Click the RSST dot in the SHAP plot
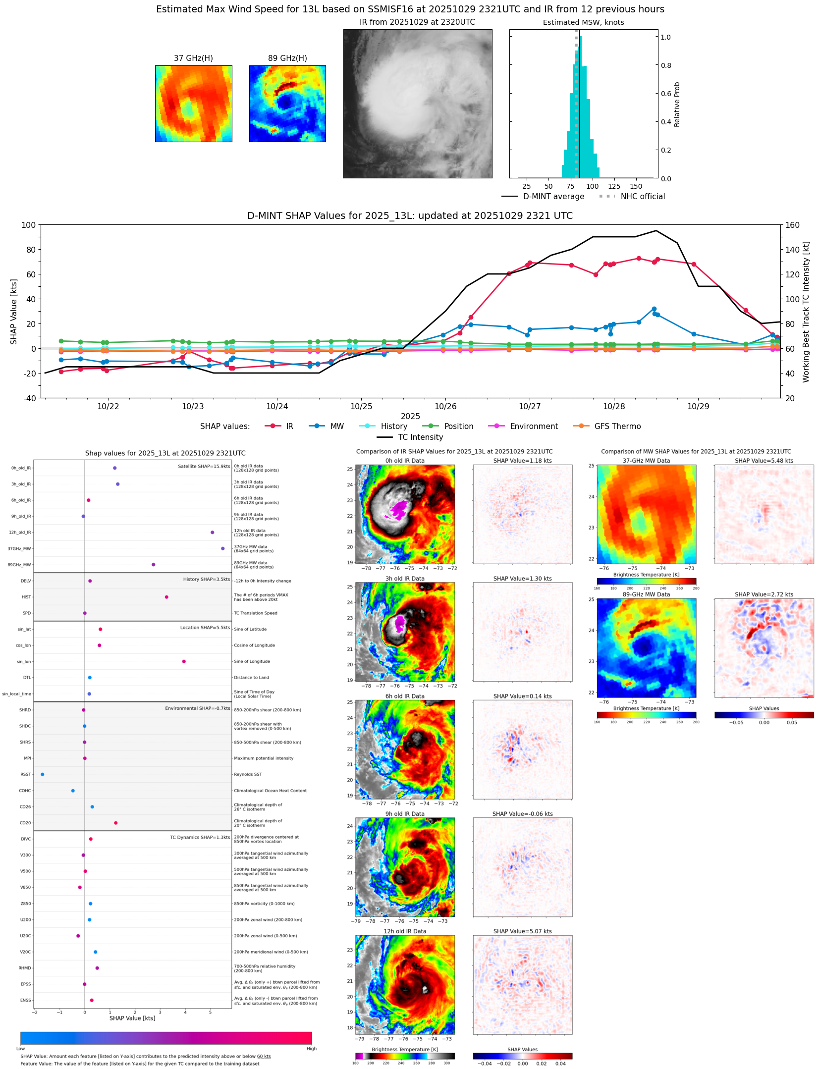[42, 774]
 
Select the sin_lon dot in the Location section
[184, 661]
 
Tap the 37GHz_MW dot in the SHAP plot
[222, 548]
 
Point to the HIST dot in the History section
[166, 597]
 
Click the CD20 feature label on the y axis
[25, 823]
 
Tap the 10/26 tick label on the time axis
[445, 406]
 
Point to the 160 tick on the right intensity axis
[793, 225]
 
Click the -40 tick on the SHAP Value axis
[28, 398]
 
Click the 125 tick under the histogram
[614, 186]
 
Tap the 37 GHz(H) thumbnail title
[193, 58]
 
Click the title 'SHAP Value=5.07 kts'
[522, 931]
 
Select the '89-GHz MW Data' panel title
[646, 594]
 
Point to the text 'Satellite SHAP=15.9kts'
[204, 466]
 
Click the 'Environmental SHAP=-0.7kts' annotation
[198, 708]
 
